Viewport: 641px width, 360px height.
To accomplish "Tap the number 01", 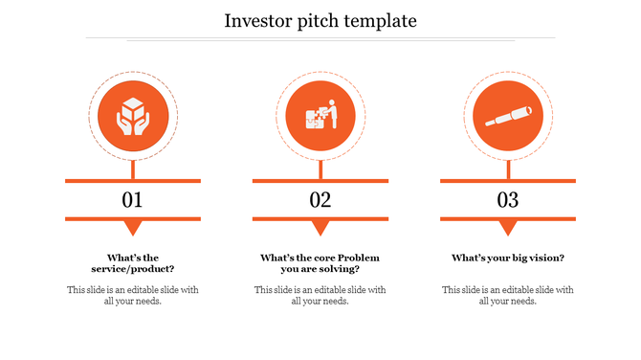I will [132, 200].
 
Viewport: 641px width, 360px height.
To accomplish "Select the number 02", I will [320, 200].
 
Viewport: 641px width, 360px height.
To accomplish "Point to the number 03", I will [507, 200].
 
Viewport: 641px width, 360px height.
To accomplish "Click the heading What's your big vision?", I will [507, 259].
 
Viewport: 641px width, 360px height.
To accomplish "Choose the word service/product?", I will [132, 270].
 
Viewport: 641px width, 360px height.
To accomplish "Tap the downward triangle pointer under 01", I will [132, 228].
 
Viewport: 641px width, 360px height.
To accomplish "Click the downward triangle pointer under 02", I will [320, 228].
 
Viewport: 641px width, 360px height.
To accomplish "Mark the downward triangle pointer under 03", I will [507, 228].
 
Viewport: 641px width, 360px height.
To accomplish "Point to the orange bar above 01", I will [132, 180].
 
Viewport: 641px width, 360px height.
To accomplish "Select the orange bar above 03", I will [507, 180].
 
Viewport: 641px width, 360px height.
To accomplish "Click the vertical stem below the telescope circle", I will [507, 169].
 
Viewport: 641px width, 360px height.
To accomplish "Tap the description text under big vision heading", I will [507, 295].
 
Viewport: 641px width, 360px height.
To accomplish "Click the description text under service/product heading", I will [132, 295].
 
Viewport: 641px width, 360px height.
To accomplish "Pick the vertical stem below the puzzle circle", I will [320, 169].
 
